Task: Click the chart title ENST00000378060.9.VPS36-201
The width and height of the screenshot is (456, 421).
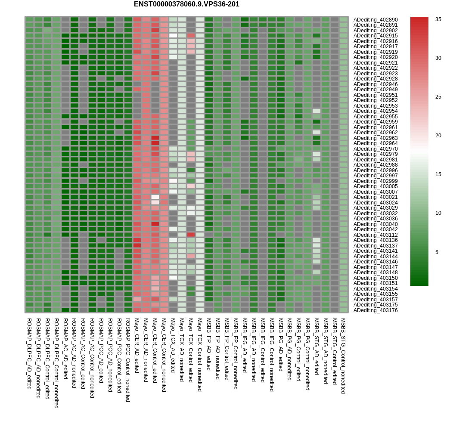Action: coord(186,4)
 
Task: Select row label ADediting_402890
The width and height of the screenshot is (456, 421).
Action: coord(375,20)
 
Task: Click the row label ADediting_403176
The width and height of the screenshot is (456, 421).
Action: coord(375,310)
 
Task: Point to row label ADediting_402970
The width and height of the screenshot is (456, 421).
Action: coord(375,149)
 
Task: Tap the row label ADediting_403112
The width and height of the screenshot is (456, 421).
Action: coord(375,235)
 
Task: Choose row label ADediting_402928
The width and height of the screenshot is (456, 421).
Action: coord(375,79)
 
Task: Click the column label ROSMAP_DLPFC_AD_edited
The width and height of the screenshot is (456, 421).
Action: coord(29,353)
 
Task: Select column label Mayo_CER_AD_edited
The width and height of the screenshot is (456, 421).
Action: coord(136,345)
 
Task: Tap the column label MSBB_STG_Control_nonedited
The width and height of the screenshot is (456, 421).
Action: coord(343,356)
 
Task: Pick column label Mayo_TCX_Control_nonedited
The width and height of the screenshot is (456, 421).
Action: coord(200,355)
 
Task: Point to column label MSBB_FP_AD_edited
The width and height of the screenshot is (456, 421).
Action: coord(208,344)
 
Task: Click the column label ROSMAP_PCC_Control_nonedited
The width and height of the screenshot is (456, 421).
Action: coord(128,359)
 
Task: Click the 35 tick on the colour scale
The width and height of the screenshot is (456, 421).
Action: coord(438,19)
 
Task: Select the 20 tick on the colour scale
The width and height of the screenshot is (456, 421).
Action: coord(438,136)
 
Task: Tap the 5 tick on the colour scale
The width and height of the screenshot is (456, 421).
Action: coord(437,252)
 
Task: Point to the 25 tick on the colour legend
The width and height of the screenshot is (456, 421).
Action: coord(438,97)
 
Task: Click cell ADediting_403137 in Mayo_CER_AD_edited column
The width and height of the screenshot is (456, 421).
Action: coord(137,245)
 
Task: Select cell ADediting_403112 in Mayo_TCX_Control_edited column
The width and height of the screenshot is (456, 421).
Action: coord(191,235)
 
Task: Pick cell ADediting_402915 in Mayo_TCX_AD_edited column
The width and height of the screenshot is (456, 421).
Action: coord(173,35)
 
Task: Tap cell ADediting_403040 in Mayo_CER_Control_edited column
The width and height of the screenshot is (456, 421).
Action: coord(155,224)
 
